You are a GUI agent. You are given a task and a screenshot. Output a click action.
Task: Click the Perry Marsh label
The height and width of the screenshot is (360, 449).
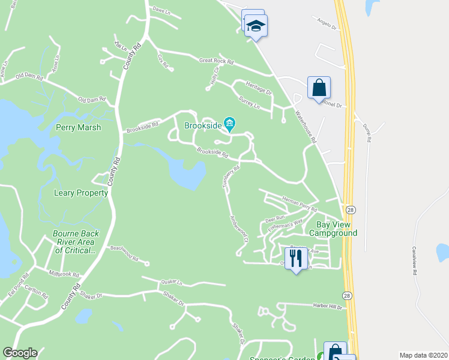coord(78,127)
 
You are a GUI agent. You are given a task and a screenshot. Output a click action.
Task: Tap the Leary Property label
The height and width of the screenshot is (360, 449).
coord(81,193)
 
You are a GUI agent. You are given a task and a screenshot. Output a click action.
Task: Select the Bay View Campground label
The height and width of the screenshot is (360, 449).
coord(333,229)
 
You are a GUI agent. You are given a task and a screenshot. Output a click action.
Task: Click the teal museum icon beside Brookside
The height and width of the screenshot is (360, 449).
coord(229,124)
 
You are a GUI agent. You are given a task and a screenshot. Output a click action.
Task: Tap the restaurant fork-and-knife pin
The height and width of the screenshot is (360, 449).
coord(295,258)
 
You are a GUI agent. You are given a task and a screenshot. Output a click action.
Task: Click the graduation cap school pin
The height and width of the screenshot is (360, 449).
coord(256,26)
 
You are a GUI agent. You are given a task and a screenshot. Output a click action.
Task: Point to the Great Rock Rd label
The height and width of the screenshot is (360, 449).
coord(216,61)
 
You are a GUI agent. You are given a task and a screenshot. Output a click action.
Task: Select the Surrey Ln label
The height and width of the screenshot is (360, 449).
coord(249,105)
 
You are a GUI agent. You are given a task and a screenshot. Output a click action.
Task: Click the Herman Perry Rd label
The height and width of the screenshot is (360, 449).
coord(299,205)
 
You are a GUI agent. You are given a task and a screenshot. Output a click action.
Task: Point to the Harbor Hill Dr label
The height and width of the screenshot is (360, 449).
coord(327,306)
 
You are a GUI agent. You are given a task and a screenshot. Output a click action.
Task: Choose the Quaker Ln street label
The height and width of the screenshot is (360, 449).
coord(171,281)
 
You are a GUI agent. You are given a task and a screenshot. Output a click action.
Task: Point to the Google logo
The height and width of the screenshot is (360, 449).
coord(20,353)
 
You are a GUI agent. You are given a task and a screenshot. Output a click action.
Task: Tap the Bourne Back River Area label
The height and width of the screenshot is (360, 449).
coord(74,242)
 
